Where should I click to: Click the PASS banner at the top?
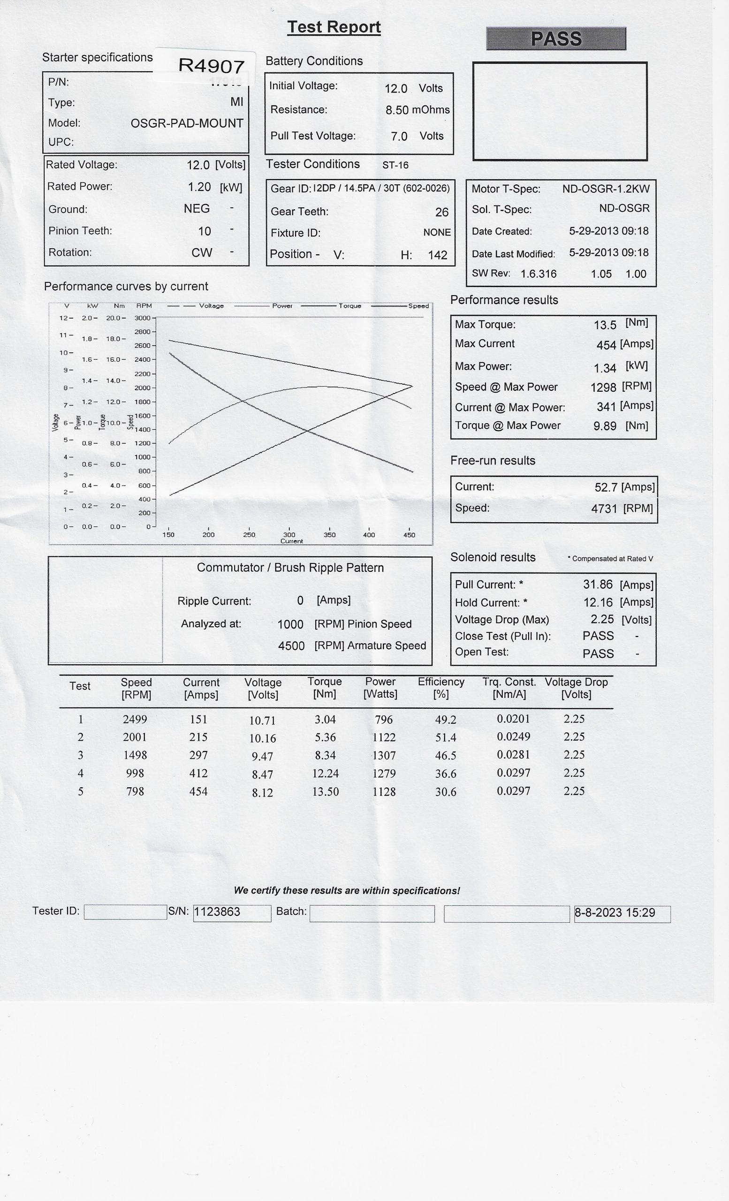(x=556, y=38)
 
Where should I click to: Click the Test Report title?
(x=334, y=27)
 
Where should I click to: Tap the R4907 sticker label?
(x=211, y=66)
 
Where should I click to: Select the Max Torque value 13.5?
(x=605, y=325)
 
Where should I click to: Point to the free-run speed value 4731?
(x=604, y=509)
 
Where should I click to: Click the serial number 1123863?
(x=217, y=912)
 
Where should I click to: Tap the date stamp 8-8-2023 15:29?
(x=615, y=913)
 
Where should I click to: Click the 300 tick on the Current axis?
(x=289, y=535)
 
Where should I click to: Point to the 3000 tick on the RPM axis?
(x=143, y=318)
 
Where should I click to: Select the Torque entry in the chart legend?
(x=350, y=306)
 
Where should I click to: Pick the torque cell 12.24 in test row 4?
(x=326, y=774)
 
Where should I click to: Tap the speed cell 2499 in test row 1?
(x=135, y=720)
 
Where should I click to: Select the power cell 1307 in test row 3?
(x=384, y=755)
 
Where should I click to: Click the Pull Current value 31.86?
(x=598, y=585)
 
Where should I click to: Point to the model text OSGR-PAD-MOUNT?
(x=187, y=123)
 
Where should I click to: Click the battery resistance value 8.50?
(x=397, y=110)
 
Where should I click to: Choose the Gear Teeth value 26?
(x=441, y=212)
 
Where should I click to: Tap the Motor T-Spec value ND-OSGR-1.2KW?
(x=606, y=189)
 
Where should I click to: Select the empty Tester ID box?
(x=125, y=912)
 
